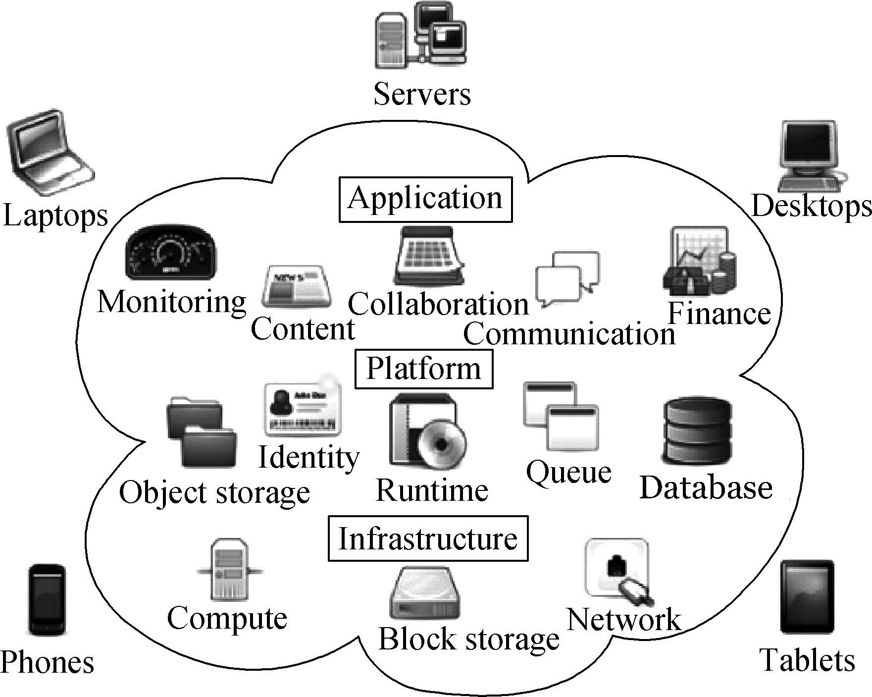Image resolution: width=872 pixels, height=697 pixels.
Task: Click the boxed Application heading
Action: tap(425, 199)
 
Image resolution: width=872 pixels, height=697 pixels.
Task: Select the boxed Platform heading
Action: tap(424, 369)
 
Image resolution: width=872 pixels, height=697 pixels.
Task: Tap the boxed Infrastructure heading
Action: tap(428, 538)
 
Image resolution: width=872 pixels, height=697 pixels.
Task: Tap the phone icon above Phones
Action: tap(46, 600)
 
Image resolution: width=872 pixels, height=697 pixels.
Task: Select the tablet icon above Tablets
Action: tap(807, 597)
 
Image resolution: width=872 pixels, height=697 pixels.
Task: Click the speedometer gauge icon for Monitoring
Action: tap(171, 253)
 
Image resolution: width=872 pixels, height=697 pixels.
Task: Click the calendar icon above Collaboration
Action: tap(430, 256)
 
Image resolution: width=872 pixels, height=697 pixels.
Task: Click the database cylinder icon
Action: tap(697, 430)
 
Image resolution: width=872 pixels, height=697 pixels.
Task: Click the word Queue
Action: tap(568, 472)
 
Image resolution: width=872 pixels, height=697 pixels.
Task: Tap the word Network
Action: tap(624, 620)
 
